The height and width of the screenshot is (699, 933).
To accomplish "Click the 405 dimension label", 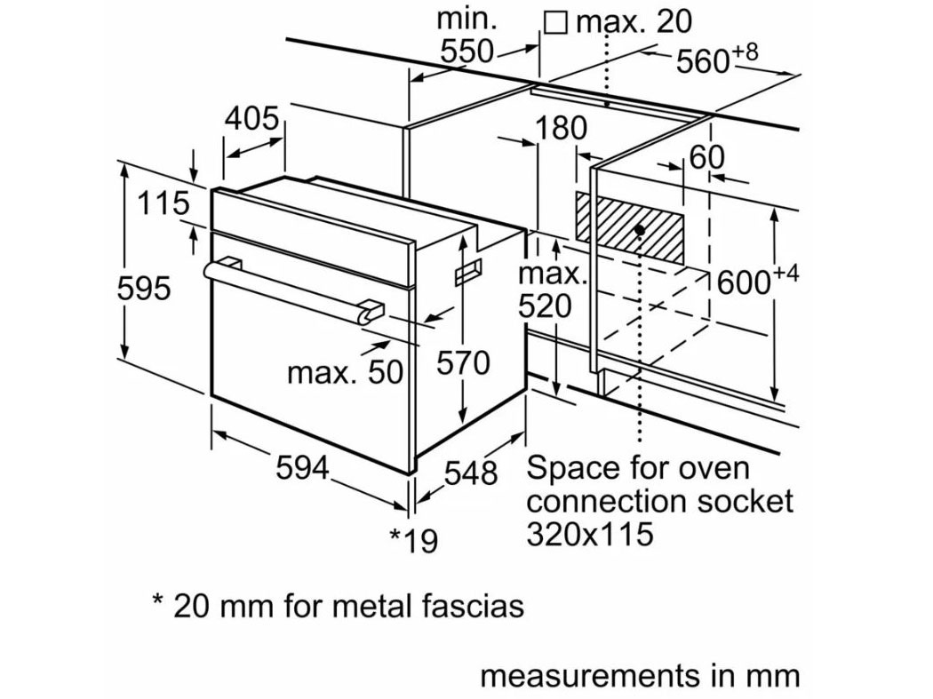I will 251,118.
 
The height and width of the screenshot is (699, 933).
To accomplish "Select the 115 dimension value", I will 163,203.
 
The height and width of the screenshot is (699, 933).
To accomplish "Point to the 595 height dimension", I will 144,288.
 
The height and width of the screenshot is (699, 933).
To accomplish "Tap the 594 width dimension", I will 303,468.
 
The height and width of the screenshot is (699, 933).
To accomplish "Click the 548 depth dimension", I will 470,473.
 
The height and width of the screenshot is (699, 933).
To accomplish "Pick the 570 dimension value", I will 463,362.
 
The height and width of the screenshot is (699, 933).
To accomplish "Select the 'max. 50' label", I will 345,372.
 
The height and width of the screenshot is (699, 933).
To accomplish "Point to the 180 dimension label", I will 561,129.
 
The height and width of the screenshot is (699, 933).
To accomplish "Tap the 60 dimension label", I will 706,157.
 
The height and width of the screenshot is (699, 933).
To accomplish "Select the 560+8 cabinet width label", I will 716,60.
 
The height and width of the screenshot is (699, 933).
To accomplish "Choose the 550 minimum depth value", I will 467,52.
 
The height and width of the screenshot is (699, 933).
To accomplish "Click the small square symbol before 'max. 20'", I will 555,20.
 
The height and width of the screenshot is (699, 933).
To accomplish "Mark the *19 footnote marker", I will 414,539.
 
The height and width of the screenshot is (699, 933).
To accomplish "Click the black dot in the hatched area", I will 639,230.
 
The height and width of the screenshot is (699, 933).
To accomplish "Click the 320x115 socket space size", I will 590,533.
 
